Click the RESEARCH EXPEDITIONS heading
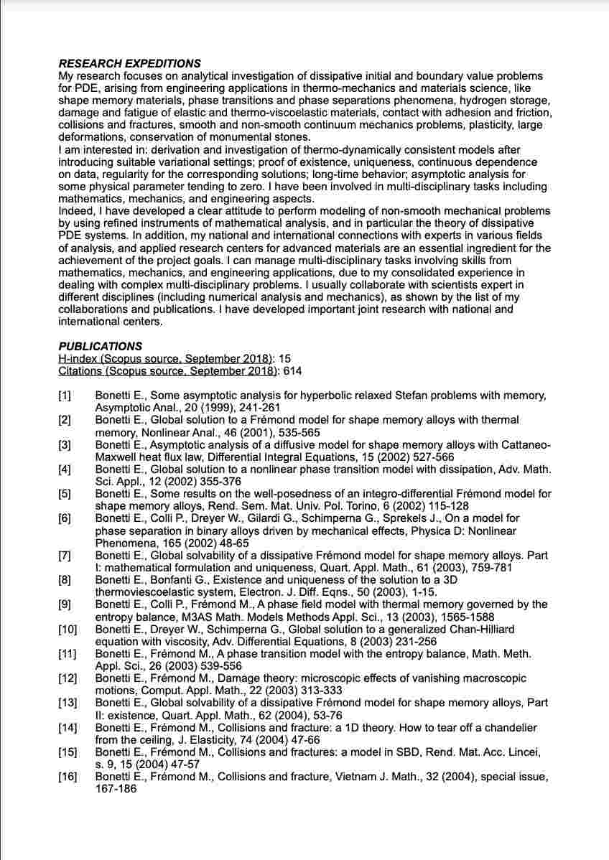[129, 64]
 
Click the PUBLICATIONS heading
[100, 346]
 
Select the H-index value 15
[284, 358]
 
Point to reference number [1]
[65, 396]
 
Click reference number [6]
[65, 518]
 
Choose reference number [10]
[68, 629]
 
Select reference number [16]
[68, 776]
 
